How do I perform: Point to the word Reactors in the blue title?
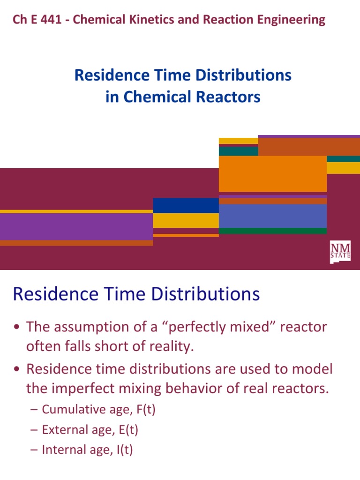(231, 97)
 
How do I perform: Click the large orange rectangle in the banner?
(272, 173)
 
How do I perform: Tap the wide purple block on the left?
(76, 226)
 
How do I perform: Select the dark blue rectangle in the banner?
(186, 205)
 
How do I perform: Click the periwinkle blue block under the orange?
(272, 216)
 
